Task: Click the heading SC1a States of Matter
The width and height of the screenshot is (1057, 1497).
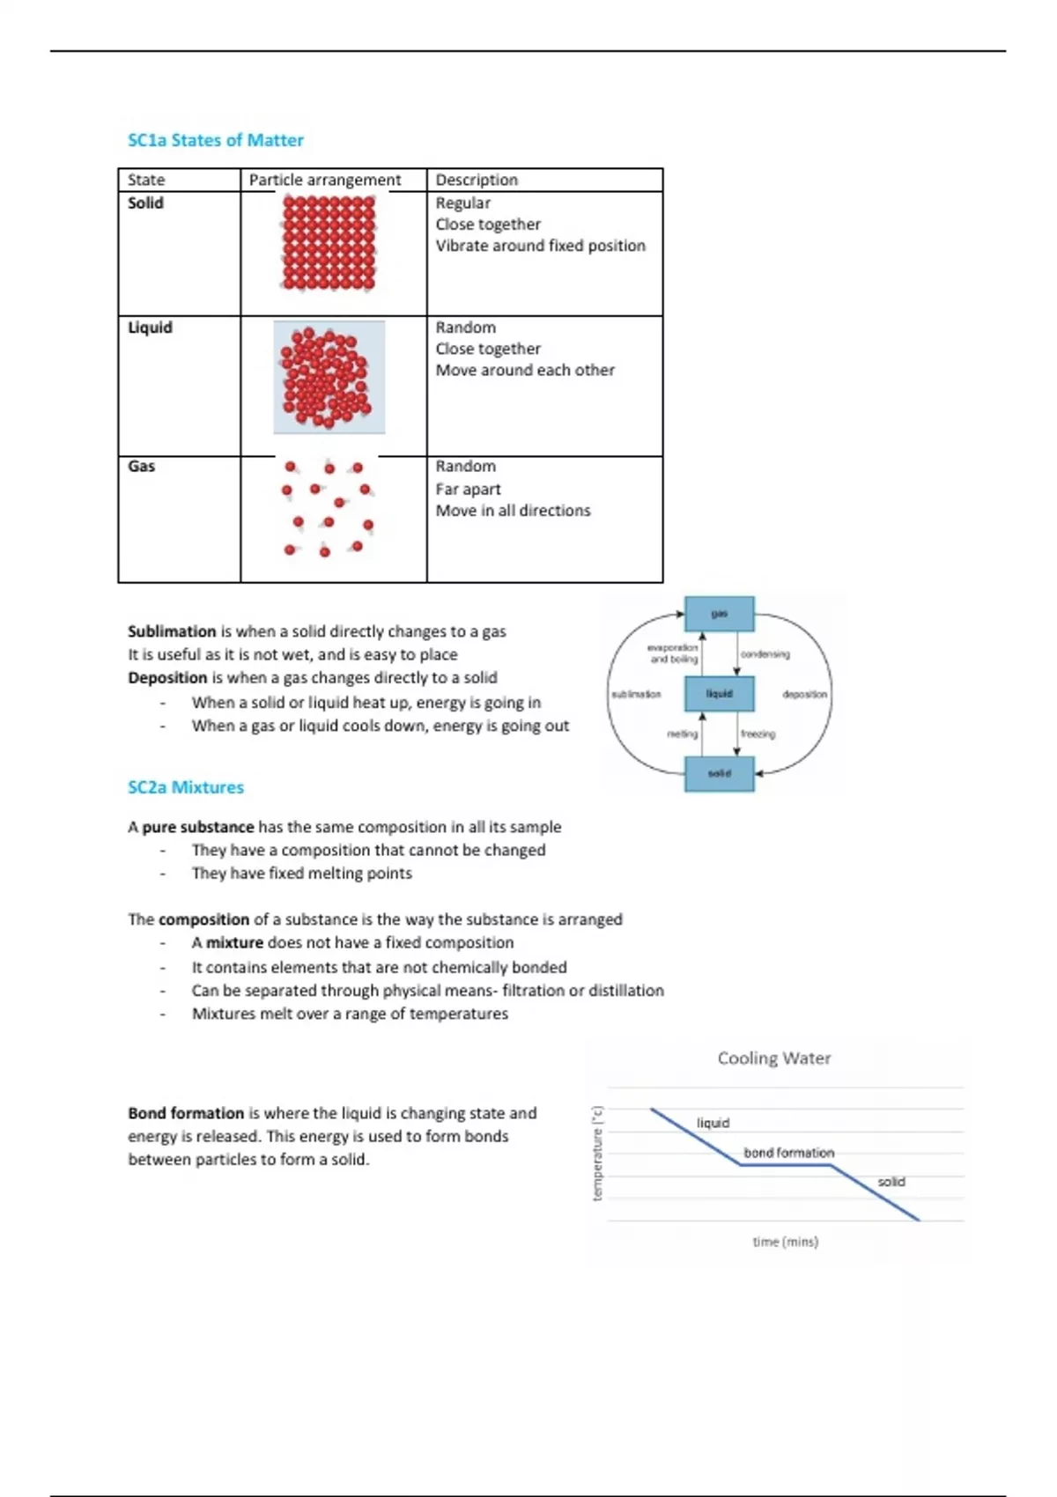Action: [215, 140]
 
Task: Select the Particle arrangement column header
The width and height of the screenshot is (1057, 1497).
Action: [324, 180]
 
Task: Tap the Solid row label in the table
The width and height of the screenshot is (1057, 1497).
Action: [145, 203]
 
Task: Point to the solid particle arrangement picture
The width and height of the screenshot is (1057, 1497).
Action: [329, 243]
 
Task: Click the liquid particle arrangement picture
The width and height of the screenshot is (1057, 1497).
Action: [329, 377]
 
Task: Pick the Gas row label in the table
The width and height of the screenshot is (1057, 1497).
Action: [141, 466]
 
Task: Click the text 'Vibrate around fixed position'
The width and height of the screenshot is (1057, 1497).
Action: [540, 246]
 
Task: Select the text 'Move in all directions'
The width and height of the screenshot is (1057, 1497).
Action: [513, 511]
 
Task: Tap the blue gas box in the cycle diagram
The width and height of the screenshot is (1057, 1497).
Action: [719, 614]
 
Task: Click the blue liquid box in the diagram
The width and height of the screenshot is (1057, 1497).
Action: [719, 694]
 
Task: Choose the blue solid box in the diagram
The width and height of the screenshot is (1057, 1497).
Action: [719, 773]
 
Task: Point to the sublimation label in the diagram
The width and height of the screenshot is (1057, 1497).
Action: [636, 694]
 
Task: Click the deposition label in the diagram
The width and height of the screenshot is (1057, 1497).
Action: [804, 694]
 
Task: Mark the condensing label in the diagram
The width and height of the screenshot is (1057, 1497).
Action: [765, 654]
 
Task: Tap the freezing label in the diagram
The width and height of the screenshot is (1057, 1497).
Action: [758, 734]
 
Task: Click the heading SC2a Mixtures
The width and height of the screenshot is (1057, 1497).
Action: [185, 787]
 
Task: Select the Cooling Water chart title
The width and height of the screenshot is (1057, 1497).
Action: [773, 1058]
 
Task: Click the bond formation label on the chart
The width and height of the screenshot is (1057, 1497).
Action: [788, 1153]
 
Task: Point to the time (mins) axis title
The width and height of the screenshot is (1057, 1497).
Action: [785, 1242]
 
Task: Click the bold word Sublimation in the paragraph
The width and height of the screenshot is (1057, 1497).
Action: [172, 631]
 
